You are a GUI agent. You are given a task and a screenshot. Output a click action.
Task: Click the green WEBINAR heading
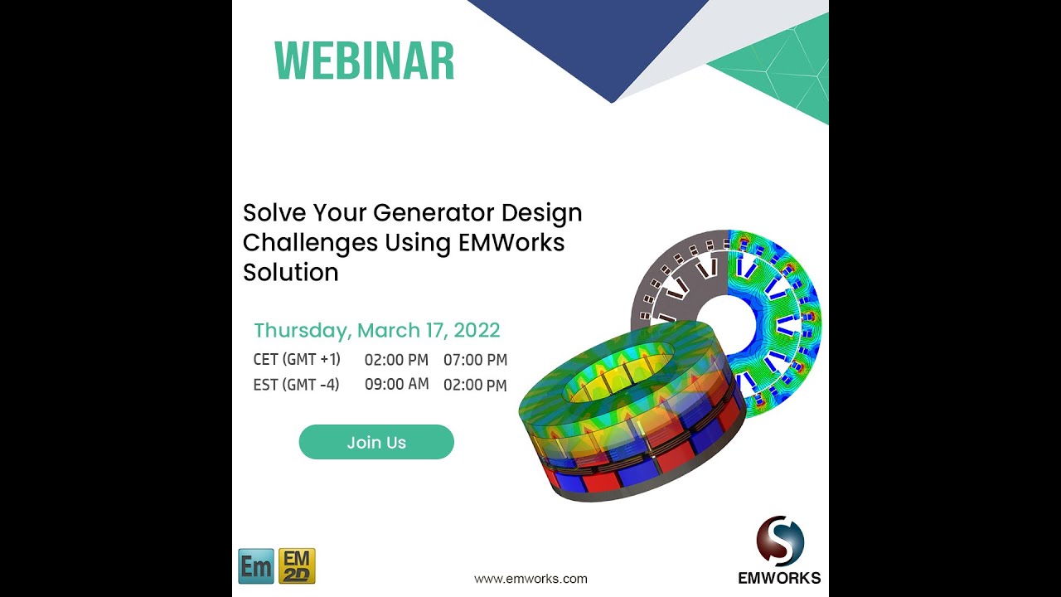364,61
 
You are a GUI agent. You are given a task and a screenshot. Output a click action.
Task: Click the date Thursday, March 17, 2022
376,330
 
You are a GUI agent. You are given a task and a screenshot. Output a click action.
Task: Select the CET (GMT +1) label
297,360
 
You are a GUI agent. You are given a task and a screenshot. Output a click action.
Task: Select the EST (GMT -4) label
296,385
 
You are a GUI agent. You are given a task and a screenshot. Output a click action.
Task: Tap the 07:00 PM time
475,360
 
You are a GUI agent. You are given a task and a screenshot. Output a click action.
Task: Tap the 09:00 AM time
396,384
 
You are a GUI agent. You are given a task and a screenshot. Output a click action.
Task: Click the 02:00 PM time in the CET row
396,360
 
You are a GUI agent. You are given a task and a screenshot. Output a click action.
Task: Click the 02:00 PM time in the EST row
475,385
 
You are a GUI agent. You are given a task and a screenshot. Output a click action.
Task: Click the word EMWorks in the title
511,243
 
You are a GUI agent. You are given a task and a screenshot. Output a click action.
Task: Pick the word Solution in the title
290,273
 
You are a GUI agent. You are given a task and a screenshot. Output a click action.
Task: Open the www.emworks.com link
530,579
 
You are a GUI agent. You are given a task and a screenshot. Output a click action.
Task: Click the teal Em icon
255,566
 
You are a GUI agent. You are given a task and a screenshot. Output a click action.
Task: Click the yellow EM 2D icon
297,566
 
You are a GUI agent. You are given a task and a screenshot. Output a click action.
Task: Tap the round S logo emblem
780,541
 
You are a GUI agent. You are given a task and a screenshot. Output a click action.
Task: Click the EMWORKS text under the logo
779,578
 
